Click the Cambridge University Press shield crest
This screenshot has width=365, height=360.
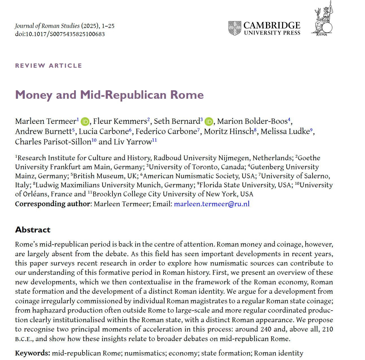pos(234,28)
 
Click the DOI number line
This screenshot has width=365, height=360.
pos(60,34)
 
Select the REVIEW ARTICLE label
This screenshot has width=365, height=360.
pos(49,66)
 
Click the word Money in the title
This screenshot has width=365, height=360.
pos(34,95)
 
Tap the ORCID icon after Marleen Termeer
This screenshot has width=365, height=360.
pos(85,122)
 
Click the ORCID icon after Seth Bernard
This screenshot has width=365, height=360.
pos(209,122)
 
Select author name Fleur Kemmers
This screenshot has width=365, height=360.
pos(120,121)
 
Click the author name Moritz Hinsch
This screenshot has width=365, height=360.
pos(229,131)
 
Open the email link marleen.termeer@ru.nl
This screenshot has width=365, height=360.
pos(212,204)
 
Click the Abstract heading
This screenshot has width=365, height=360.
pos(33,230)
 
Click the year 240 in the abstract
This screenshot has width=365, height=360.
pos(266,329)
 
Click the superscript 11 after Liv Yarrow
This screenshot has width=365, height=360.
pos(154,140)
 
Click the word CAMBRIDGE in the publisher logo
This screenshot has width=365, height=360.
pos(272,25)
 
